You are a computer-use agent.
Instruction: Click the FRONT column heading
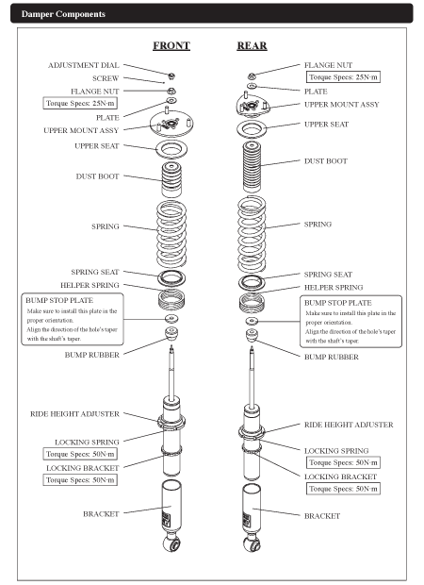tap(171, 45)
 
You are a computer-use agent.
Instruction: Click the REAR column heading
tap(252, 45)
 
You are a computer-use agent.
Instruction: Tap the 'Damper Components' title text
tap(63, 14)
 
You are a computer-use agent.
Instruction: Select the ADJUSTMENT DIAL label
tap(84, 65)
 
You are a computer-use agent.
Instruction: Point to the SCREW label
tap(106, 78)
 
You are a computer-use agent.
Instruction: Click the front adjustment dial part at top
tap(171, 76)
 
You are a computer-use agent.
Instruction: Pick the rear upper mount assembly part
tap(253, 105)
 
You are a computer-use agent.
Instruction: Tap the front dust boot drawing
tap(171, 179)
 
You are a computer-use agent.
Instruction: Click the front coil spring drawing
tap(171, 234)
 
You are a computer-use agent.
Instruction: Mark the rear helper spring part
tap(253, 303)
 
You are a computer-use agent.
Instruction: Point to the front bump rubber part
tap(171, 333)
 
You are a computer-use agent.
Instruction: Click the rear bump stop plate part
tap(252, 321)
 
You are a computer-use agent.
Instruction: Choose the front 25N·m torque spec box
tap(80, 104)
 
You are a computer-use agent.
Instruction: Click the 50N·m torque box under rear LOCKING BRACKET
tap(343, 489)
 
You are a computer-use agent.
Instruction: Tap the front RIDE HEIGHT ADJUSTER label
tap(74, 414)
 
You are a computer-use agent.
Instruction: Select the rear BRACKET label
tap(322, 516)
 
